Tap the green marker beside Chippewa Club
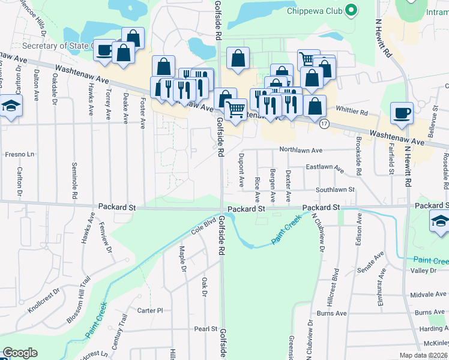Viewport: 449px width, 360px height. tap(352, 10)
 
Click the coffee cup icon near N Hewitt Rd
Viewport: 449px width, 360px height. tap(402, 112)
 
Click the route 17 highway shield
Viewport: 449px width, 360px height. tap(324, 124)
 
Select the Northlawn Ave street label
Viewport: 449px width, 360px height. tap(301, 151)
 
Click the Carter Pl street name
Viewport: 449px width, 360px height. tap(150, 310)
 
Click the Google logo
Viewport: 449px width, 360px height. tap(20, 353)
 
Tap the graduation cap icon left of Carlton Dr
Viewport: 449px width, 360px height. tap(11, 108)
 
